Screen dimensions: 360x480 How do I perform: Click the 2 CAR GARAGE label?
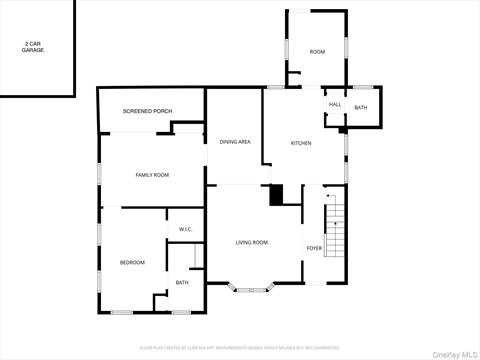tap(33, 47)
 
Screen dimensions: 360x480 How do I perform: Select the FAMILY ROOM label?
tap(152, 175)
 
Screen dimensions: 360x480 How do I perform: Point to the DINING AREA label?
tap(235, 142)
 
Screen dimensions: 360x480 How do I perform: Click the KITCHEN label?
tap(301, 143)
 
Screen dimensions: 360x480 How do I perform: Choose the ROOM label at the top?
tap(317, 51)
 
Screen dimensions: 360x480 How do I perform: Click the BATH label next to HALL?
tap(360, 107)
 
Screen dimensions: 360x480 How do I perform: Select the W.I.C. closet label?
tap(185, 229)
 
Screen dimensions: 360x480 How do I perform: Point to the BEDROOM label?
tap(132, 262)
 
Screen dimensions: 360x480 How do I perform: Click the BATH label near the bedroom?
tap(182, 282)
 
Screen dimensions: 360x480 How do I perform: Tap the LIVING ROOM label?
tap(252, 242)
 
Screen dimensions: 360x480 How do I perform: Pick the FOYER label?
tap(314, 247)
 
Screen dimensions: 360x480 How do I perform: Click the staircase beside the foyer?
tap(337, 229)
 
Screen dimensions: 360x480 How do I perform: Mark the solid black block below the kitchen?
tap(278, 195)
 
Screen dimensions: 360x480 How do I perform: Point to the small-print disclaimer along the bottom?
tap(240, 349)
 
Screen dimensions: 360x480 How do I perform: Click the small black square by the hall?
tap(342, 130)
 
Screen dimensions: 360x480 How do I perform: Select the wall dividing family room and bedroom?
tap(143, 208)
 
